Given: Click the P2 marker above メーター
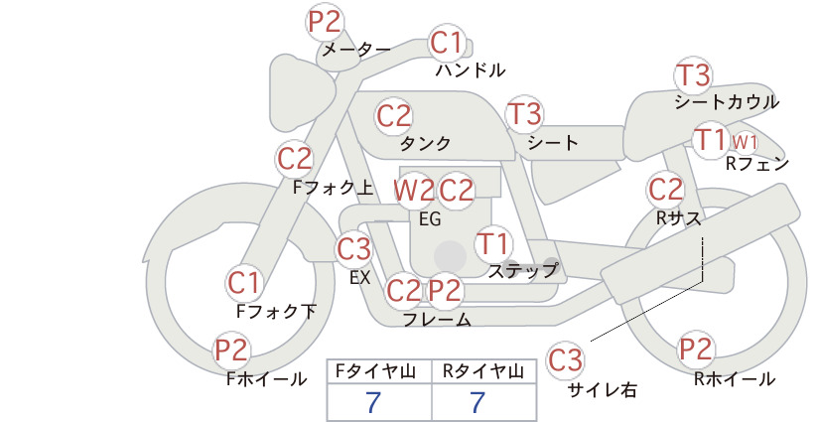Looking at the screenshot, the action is click(x=325, y=21).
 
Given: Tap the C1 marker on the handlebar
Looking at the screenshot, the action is click(x=447, y=42).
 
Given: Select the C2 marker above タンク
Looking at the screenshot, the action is click(x=394, y=115).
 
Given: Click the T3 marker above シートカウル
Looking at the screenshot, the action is click(x=693, y=74).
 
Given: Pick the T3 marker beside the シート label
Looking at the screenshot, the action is click(x=524, y=113).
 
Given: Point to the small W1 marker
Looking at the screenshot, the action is click(x=745, y=142).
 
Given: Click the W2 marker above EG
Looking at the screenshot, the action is click(x=414, y=191).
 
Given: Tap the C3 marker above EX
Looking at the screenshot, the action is click(x=353, y=248).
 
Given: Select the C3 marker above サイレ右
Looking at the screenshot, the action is click(x=565, y=359).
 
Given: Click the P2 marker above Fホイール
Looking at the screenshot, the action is click(x=232, y=350).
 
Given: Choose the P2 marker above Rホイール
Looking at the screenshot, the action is click(x=696, y=349).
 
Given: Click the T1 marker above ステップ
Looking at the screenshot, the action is click(x=493, y=243).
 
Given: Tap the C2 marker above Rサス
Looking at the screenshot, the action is click(x=665, y=190).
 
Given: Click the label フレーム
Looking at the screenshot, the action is click(x=437, y=320).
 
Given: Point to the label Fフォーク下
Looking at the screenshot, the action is click(x=276, y=311).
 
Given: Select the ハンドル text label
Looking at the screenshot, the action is click(x=471, y=70).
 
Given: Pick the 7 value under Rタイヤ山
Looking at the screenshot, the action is click(x=477, y=402).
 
